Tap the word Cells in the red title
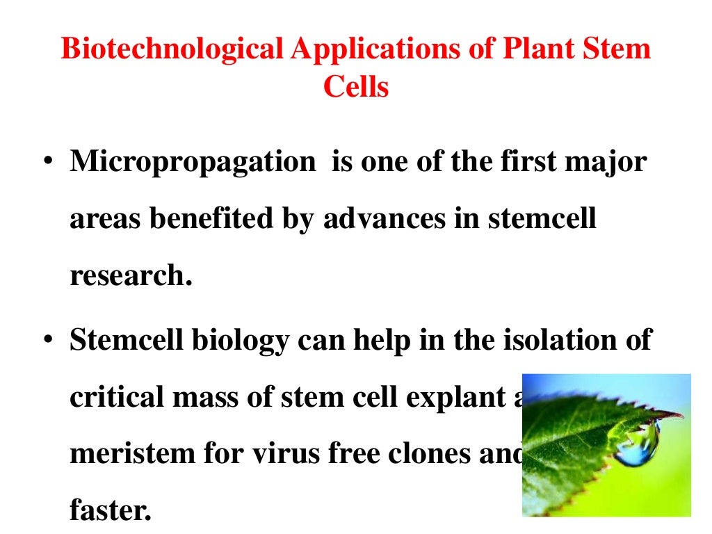pos(356,88)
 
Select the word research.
pos(130,276)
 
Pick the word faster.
pos(110,511)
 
